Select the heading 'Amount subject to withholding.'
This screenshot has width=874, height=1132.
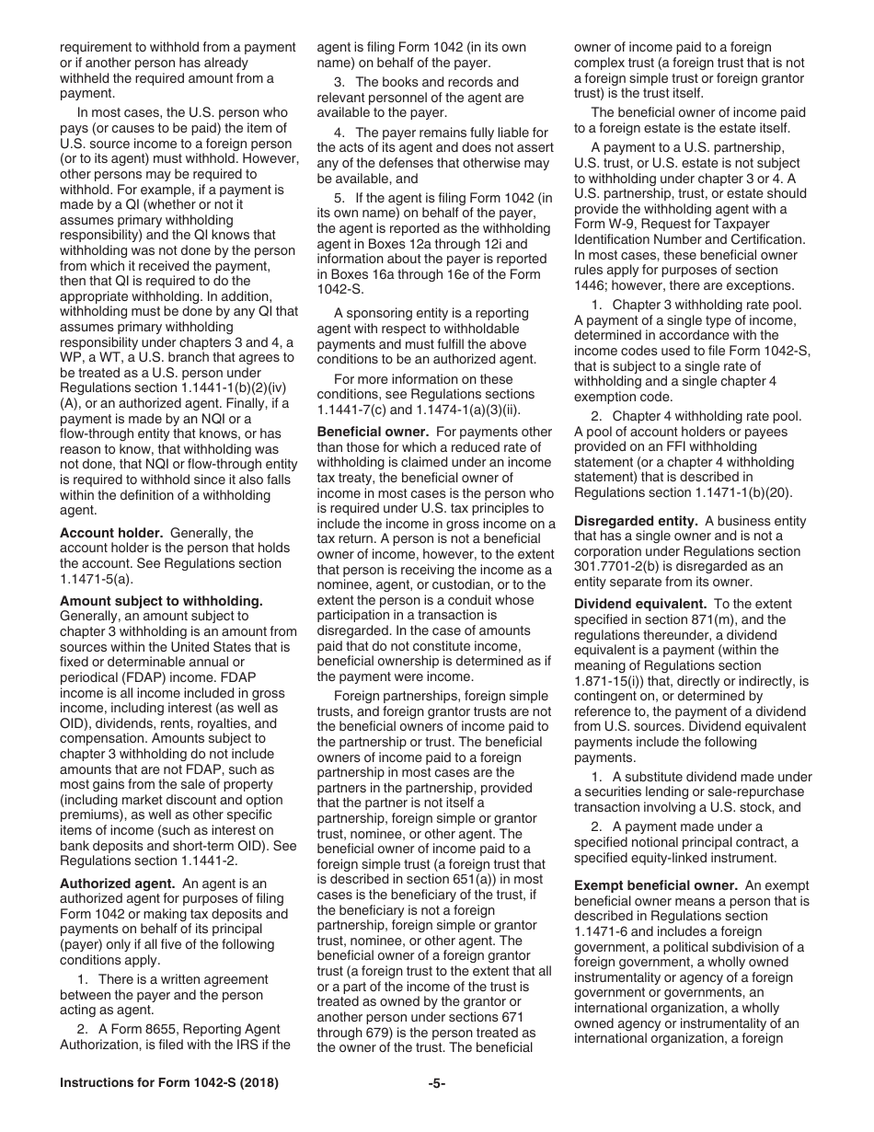click(x=161, y=601)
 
